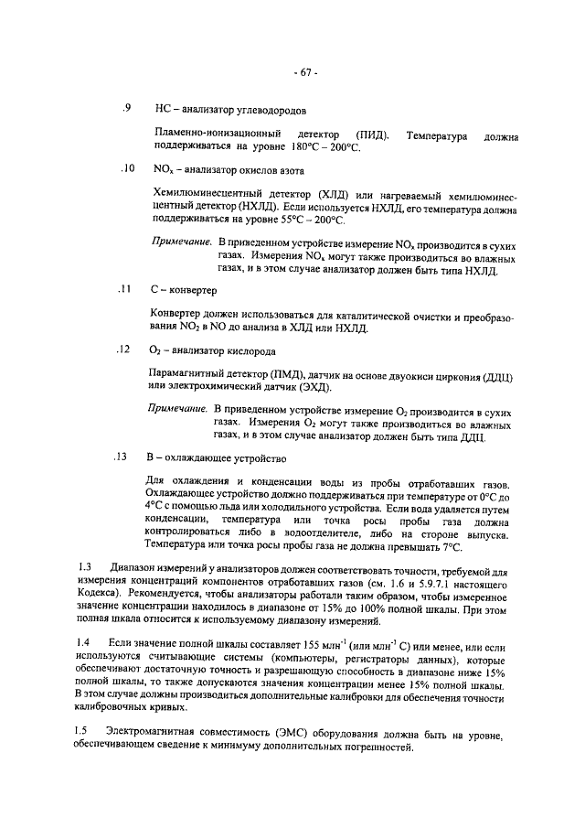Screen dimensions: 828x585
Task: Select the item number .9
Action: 128,109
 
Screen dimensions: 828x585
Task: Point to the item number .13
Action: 127,457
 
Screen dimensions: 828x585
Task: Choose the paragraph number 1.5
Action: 81,730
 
